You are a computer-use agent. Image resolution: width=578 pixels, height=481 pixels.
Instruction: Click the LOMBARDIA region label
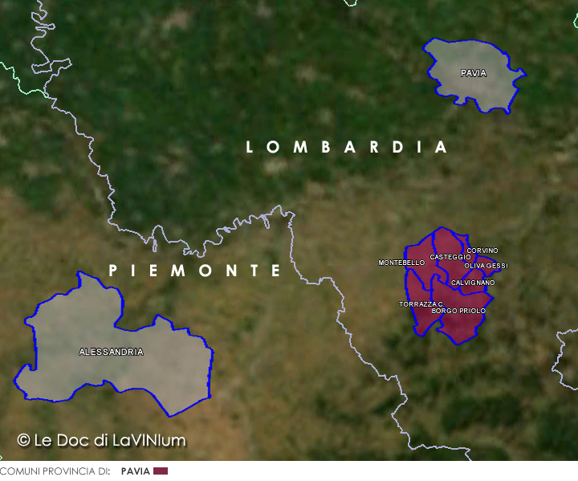(346, 147)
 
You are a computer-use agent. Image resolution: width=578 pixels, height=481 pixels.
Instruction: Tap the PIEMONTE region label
(196, 271)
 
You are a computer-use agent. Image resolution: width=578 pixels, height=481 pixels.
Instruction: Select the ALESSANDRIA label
(112, 352)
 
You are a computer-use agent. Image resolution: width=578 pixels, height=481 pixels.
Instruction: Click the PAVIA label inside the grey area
(474, 73)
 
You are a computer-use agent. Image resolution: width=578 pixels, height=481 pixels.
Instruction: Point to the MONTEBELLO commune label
(401, 263)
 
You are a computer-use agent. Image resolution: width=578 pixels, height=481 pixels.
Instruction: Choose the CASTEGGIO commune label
(450, 257)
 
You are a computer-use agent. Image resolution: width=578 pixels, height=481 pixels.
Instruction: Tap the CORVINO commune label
(482, 251)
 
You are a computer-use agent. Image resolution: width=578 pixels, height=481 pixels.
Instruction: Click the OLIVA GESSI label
(486, 266)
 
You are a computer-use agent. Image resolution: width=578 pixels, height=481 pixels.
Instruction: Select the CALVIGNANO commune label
(473, 283)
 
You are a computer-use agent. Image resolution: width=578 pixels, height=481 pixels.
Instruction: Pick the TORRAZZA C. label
(421, 304)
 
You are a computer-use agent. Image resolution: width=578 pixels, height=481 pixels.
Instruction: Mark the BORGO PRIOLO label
(458, 310)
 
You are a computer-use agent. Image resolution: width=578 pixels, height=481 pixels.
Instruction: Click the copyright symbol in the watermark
(23, 440)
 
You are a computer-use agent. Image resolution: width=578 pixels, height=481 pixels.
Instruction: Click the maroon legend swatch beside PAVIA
(161, 471)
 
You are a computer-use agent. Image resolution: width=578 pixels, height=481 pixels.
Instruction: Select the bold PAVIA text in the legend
(135, 471)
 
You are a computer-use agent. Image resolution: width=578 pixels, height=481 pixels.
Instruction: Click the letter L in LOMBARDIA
(250, 147)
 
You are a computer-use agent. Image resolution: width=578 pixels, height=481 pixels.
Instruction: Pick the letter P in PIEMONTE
(113, 271)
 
